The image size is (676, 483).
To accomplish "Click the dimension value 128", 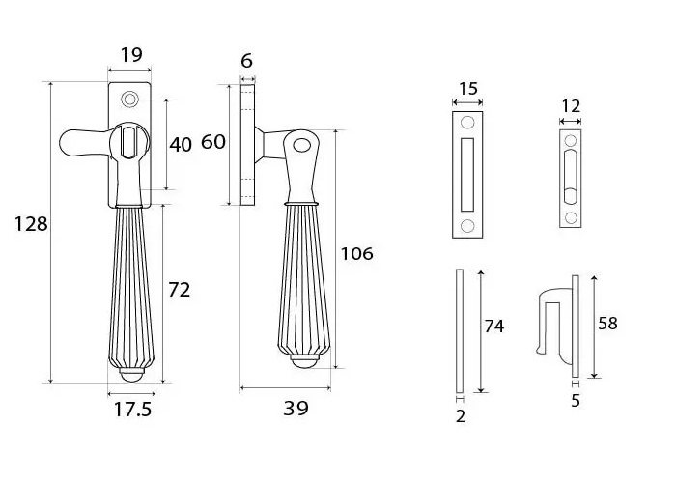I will (x=31, y=224).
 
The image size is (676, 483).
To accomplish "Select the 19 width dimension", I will (x=130, y=55).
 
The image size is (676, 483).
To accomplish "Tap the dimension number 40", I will (x=181, y=145).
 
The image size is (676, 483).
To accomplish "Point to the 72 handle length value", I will (x=179, y=289).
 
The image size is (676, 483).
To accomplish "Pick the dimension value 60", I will (x=212, y=143).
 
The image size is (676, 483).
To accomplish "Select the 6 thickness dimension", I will (x=247, y=61).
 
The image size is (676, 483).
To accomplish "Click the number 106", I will (x=356, y=254).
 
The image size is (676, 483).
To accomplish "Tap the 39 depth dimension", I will (x=296, y=409).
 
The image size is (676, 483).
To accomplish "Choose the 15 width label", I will (x=467, y=89).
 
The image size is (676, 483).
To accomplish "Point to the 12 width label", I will (x=571, y=106).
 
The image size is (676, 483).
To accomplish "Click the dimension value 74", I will (x=493, y=327).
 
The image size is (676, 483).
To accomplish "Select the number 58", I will (x=606, y=324).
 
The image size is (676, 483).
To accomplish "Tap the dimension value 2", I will (x=460, y=416).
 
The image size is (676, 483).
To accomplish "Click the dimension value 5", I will (x=576, y=400).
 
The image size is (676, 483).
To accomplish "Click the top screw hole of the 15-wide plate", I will (x=468, y=123).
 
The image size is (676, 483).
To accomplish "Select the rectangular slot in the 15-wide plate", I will (x=468, y=174).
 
